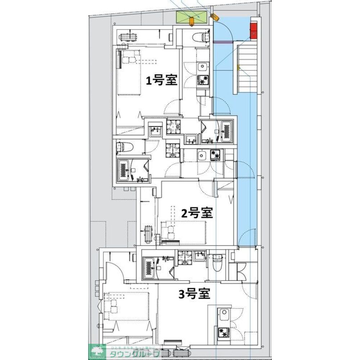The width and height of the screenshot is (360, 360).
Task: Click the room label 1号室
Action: tap(161, 80)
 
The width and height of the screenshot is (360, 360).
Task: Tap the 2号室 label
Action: tap(197, 213)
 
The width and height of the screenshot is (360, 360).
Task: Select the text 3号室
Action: tap(194, 294)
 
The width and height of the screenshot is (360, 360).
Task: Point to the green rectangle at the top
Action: tap(192, 17)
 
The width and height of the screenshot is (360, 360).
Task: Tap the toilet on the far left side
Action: tap(125, 146)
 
